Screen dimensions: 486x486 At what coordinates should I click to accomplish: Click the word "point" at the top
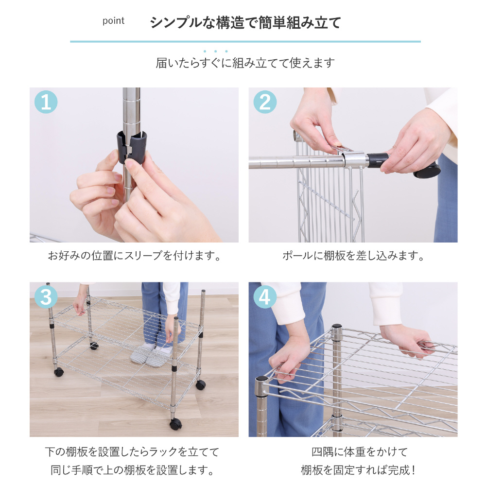(113, 21)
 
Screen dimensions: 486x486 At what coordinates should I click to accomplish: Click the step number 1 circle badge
(46, 102)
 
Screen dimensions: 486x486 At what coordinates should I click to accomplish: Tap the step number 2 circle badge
(265, 102)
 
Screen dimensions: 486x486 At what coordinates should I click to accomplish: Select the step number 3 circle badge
(46, 296)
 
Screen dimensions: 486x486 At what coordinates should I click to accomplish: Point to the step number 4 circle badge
(265, 296)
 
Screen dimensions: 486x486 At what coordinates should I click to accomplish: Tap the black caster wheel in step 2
(427, 171)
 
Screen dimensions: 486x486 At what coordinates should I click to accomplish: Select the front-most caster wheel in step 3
(176, 423)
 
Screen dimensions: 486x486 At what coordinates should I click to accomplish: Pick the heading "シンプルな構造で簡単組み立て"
(245, 23)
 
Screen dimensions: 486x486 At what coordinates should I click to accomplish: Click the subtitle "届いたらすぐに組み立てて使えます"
(245, 63)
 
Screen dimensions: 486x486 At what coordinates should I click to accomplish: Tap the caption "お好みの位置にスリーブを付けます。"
(134, 256)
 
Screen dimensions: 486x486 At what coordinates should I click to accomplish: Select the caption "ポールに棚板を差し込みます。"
(353, 256)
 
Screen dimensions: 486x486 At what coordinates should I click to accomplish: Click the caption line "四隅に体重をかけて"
(360, 452)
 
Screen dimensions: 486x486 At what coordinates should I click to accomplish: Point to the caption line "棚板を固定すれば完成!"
(358, 470)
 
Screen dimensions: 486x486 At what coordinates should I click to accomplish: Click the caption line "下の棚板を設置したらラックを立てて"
(132, 452)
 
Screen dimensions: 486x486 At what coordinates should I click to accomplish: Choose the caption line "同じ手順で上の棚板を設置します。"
(132, 470)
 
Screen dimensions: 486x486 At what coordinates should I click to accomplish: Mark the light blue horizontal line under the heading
(245, 41)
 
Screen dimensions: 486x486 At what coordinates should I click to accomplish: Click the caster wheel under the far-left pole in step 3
(59, 372)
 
